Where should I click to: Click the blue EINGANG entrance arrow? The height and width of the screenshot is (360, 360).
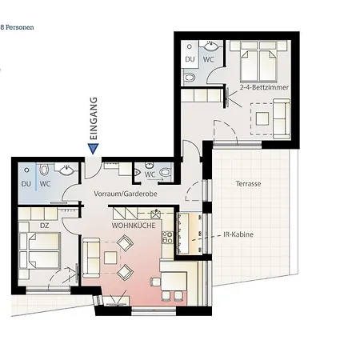click(93, 149)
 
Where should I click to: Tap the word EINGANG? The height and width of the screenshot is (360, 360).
click(94, 118)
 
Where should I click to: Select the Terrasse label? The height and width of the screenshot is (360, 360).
click(248, 184)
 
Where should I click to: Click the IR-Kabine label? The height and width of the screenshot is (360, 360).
click(238, 234)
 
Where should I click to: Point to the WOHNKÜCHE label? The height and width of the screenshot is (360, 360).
click(134, 226)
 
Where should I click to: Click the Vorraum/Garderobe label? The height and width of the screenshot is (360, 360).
click(126, 194)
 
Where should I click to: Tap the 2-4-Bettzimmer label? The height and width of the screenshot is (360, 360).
click(264, 87)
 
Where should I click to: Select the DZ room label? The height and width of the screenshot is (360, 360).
click(44, 226)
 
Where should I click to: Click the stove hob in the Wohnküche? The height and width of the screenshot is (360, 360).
click(168, 238)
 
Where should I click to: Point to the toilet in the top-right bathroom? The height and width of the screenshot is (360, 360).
click(190, 78)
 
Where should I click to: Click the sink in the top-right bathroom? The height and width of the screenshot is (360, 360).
click(212, 46)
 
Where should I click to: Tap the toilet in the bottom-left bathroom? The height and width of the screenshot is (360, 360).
click(44, 170)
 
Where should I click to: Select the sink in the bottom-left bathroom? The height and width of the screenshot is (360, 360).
click(66, 170)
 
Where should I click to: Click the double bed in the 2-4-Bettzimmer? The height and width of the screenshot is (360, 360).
click(258, 62)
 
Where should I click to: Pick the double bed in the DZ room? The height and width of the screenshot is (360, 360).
click(40, 250)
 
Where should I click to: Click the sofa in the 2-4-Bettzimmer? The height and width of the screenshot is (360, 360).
click(282, 118)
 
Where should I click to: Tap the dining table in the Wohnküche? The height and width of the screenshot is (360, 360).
click(174, 282)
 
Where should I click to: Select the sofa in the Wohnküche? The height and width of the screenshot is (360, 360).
click(91, 258)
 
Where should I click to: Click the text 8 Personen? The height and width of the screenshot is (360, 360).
click(17, 27)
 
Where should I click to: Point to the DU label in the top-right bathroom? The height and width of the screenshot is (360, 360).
click(190, 59)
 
